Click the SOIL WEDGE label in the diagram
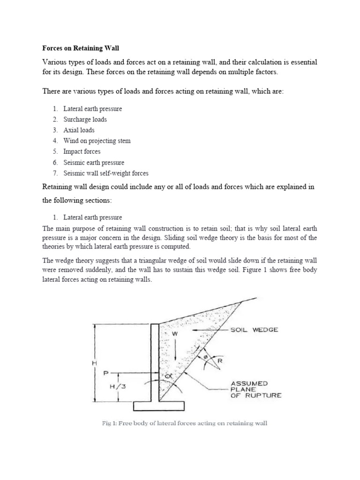(254, 330)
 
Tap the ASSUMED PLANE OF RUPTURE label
(255, 389)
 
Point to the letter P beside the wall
(106, 373)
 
